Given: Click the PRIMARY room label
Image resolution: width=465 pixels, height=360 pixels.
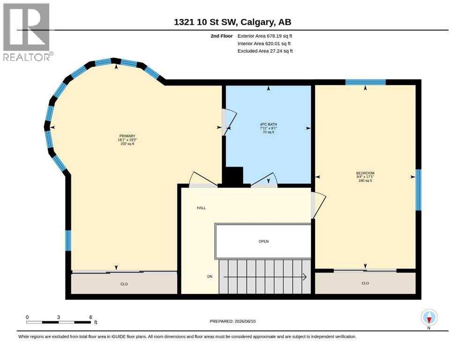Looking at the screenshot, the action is [x=127, y=136].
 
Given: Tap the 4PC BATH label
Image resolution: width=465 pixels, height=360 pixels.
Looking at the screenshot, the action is [x=268, y=124].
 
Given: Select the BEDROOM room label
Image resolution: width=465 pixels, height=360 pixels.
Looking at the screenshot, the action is [x=365, y=173].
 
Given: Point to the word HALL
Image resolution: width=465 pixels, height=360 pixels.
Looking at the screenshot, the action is [x=201, y=208].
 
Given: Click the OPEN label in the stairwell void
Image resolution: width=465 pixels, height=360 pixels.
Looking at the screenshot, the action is [x=264, y=241].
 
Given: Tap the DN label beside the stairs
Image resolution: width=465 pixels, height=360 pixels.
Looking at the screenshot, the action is [x=210, y=277].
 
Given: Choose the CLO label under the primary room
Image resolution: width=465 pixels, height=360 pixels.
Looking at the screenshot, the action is [x=124, y=284].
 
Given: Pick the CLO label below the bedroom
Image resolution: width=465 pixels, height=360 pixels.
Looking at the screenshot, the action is [x=365, y=283].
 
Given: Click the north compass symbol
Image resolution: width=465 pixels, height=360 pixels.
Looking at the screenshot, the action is [x=429, y=317].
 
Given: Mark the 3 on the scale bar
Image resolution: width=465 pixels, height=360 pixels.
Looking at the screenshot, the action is [x=59, y=317].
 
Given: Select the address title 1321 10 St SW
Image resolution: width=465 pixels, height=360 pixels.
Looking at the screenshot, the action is [x=205, y=22].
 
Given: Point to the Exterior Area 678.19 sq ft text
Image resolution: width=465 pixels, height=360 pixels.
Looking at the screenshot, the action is [x=265, y=36].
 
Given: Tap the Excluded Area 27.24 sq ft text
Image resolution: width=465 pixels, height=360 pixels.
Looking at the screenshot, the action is [x=265, y=51].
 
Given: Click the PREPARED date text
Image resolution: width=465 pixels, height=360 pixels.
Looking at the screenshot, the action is [x=232, y=321].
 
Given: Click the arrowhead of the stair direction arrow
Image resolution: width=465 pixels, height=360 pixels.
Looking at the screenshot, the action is [x=304, y=277].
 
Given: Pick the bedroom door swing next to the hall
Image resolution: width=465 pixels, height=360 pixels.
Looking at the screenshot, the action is [x=318, y=205].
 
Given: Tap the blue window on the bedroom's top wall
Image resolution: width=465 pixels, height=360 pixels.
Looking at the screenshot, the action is [x=365, y=82].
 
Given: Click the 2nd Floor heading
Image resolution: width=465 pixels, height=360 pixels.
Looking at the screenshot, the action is [x=221, y=36].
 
